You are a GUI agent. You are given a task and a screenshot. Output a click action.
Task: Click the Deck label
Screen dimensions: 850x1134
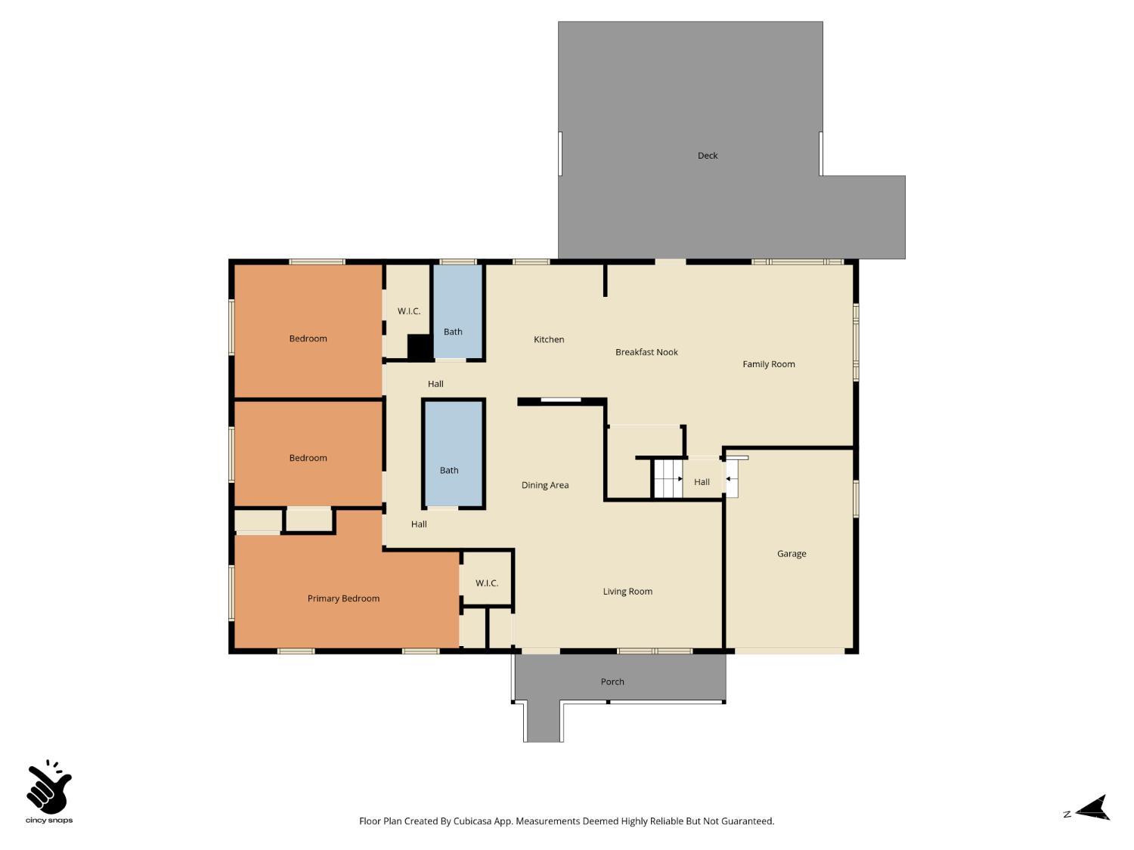click(708, 156)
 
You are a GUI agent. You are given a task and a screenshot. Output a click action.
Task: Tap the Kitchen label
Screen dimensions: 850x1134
click(549, 340)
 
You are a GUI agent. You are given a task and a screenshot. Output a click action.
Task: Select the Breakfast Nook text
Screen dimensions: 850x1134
click(646, 352)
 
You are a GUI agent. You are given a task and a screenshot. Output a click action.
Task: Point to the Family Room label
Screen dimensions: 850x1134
click(768, 364)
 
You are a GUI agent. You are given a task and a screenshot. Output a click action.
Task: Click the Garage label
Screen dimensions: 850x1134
click(792, 554)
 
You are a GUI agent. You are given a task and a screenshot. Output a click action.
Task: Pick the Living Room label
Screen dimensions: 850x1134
click(627, 592)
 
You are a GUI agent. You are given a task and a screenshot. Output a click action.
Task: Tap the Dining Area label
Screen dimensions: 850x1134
click(545, 485)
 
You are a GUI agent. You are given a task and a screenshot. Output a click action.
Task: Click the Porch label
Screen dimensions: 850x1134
click(612, 682)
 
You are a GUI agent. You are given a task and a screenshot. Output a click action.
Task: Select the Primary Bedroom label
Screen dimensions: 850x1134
click(343, 598)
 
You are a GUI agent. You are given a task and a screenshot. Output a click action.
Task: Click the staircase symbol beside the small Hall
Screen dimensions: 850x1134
click(668, 479)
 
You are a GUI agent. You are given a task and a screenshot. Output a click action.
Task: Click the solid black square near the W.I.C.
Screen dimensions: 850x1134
click(419, 347)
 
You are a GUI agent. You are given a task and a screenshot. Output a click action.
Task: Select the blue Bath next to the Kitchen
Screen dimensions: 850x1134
click(457, 311)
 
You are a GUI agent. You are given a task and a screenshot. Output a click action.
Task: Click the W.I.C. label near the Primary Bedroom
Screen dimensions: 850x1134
click(487, 583)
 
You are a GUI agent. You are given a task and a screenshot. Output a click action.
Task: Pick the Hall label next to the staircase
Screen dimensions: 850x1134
click(702, 482)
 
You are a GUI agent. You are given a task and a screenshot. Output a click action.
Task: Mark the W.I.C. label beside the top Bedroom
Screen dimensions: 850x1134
click(409, 311)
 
